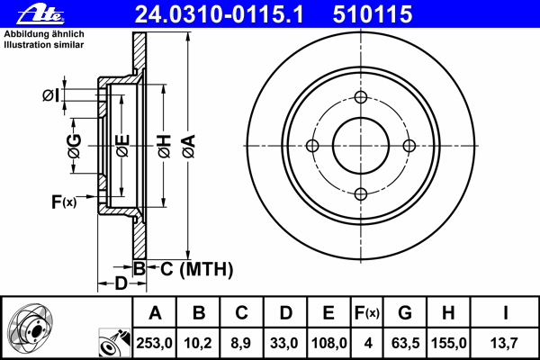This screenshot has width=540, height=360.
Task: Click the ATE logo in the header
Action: [x=40, y=14]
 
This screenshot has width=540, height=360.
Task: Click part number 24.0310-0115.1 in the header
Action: [x=219, y=14]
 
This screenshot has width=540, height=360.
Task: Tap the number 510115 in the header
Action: [x=373, y=14]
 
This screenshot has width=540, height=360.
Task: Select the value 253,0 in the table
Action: [x=154, y=343]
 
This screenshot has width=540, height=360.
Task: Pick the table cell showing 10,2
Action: [x=198, y=343]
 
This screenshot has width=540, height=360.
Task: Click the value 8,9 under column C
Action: [x=241, y=343]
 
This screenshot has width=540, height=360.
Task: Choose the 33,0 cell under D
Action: [x=284, y=343]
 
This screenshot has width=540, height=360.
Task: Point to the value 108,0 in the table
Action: [x=328, y=343]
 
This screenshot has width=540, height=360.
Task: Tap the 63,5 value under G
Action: [x=405, y=343]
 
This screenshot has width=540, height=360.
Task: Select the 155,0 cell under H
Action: [x=449, y=343]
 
